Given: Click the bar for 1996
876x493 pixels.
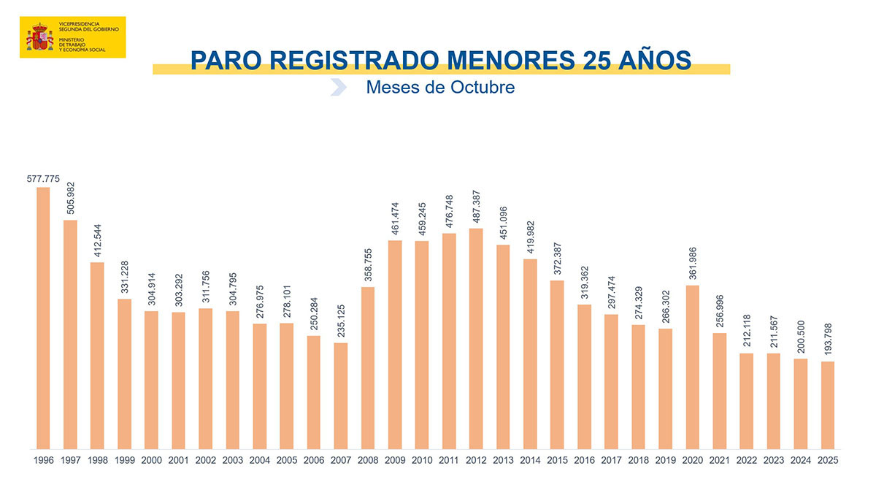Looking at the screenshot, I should [x=43, y=318].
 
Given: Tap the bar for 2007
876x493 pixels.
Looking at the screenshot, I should [x=340, y=395].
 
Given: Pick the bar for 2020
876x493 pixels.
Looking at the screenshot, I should [x=693, y=367].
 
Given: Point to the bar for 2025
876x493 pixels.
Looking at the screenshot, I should [x=827, y=405].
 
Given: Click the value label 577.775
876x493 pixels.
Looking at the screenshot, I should [x=43, y=179].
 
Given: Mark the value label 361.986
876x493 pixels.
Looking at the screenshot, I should [x=693, y=264].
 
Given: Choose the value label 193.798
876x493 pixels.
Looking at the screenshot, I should [x=827, y=340].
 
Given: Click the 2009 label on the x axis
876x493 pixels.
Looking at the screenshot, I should [x=395, y=461].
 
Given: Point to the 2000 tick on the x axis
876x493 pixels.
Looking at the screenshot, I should [x=151, y=461].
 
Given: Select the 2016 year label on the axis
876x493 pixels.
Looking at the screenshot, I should [x=584, y=461].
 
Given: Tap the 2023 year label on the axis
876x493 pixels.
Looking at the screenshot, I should [x=773, y=461].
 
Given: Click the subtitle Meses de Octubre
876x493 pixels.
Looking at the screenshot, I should [x=440, y=88].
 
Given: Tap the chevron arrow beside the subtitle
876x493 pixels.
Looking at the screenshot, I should [x=338, y=88].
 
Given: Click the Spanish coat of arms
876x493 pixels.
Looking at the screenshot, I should [x=40, y=37].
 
